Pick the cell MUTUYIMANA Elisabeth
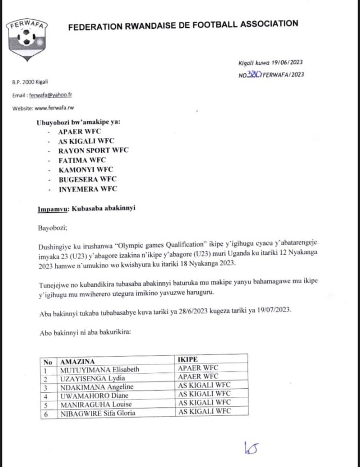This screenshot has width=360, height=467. [x=98, y=369]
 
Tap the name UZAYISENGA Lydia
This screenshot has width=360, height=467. [x=89, y=378]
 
